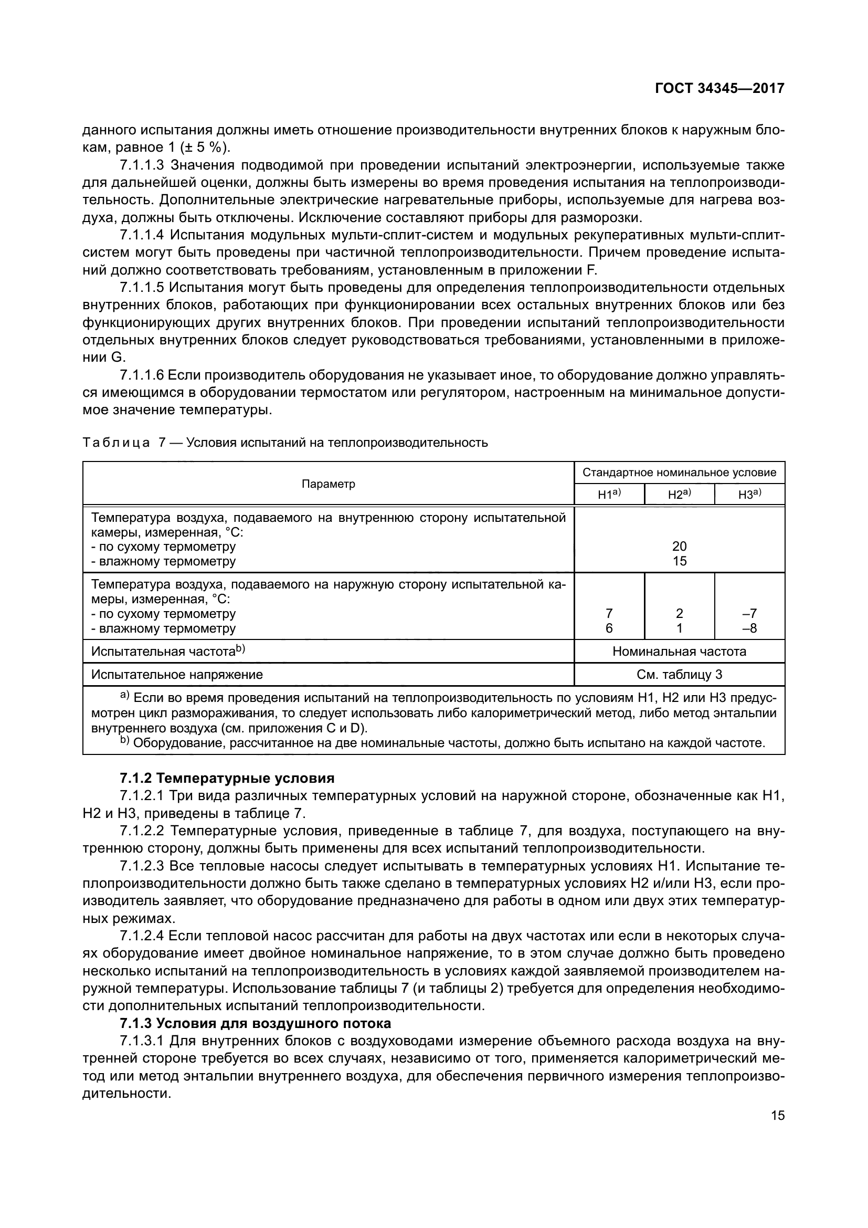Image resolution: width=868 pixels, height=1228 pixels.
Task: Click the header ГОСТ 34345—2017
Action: tap(719, 88)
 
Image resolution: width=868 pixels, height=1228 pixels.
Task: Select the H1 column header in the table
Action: tap(608, 495)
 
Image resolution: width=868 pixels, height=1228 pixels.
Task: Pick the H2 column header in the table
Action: tap(679, 495)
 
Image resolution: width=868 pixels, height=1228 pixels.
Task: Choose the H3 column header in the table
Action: tap(749, 495)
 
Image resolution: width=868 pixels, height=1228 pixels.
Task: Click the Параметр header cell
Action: tap(328, 484)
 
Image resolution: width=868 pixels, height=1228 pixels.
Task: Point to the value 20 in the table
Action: tap(679, 546)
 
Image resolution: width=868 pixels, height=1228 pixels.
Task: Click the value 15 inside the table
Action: tap(679, 561)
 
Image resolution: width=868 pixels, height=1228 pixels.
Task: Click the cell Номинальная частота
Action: tap(679, 652)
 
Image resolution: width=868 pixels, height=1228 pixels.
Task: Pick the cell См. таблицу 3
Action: tap(679, 675)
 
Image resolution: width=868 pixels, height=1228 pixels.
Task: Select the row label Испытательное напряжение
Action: tap(177, 675)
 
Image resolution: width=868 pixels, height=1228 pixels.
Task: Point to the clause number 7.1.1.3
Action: tap(142, 165)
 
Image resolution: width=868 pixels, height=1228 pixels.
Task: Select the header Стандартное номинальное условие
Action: tap(679, 473)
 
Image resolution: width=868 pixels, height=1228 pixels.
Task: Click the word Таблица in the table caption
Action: tap(116, 443)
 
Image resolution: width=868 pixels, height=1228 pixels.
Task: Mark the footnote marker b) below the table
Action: tap(124, 740)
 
